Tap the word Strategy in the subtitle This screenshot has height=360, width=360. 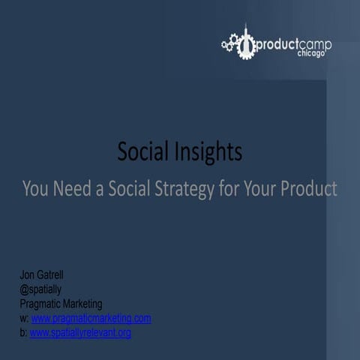[193, 188]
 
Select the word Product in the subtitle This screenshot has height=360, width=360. [307, 188]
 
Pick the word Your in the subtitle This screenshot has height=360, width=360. [257, 188]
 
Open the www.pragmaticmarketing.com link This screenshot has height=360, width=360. [91, 319]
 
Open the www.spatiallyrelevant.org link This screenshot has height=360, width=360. [80, 332]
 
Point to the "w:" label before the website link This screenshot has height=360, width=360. [24, 319]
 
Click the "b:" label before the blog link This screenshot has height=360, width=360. [23, 332]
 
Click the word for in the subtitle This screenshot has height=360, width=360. [230, 188]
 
